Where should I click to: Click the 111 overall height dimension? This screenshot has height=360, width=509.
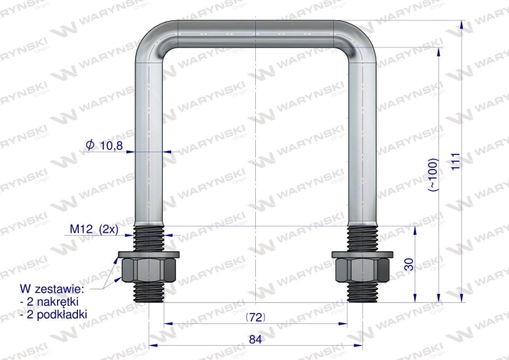tap(456, 161)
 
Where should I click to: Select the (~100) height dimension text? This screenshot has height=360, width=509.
tap(434, 175)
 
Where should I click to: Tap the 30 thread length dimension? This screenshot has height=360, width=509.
tap(410, 264)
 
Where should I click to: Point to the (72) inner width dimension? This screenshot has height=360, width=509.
tap(256, 317)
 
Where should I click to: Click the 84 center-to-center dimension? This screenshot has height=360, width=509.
tap(255, 340)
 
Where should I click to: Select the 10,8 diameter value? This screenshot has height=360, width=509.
tap(111, 146)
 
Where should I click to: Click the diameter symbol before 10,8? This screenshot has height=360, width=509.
tap(90, 145)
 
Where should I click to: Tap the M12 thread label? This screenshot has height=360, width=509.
tap(82, 230)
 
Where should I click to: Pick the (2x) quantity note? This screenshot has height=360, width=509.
tap(109, 230)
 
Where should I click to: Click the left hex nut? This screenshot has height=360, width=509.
tap(149, 270)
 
